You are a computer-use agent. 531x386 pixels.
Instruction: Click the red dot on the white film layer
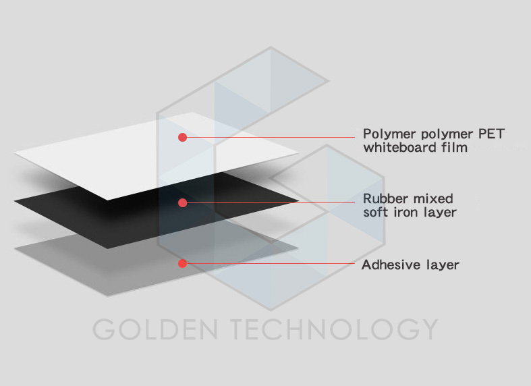182,138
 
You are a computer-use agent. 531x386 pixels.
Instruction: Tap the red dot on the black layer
182,202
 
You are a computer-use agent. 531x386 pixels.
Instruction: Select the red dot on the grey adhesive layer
182,263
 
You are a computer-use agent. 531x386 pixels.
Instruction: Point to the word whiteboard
399,147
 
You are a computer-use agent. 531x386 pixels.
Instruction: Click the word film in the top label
453,147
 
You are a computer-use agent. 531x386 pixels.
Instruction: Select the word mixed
433,199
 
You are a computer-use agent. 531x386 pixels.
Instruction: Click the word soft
376,213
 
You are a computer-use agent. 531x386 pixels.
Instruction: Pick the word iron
406,213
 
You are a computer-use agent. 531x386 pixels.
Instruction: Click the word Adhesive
387,265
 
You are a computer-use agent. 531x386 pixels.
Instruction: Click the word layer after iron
440,213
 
